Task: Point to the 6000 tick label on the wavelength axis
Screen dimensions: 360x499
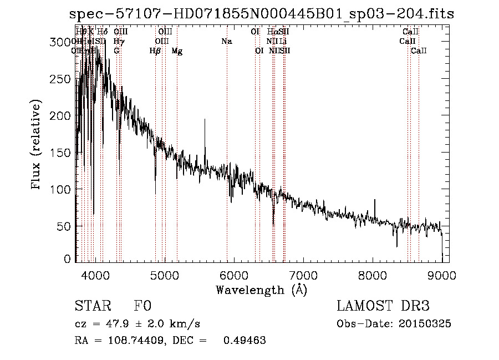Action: (x=233, y=275)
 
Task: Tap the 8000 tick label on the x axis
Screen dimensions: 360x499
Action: (x=372, y=275)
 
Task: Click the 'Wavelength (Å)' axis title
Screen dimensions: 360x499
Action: (x=261, y=290)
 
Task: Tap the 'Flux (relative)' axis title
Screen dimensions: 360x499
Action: (x=37, y=145)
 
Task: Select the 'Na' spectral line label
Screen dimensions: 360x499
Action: (x=226, y=41)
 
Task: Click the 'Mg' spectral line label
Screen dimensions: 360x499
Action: (x=177, y=51)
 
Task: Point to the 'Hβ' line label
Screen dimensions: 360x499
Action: (x=155, y=51)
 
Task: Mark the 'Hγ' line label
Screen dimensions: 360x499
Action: (x=118, y=41)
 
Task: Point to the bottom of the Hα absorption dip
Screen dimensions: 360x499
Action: (x=273, y=224)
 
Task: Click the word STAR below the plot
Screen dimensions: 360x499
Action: (x=91, y=306)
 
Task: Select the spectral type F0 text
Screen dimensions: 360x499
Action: (x=142, y=306)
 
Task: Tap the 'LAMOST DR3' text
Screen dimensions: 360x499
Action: (x=383, y=306)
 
